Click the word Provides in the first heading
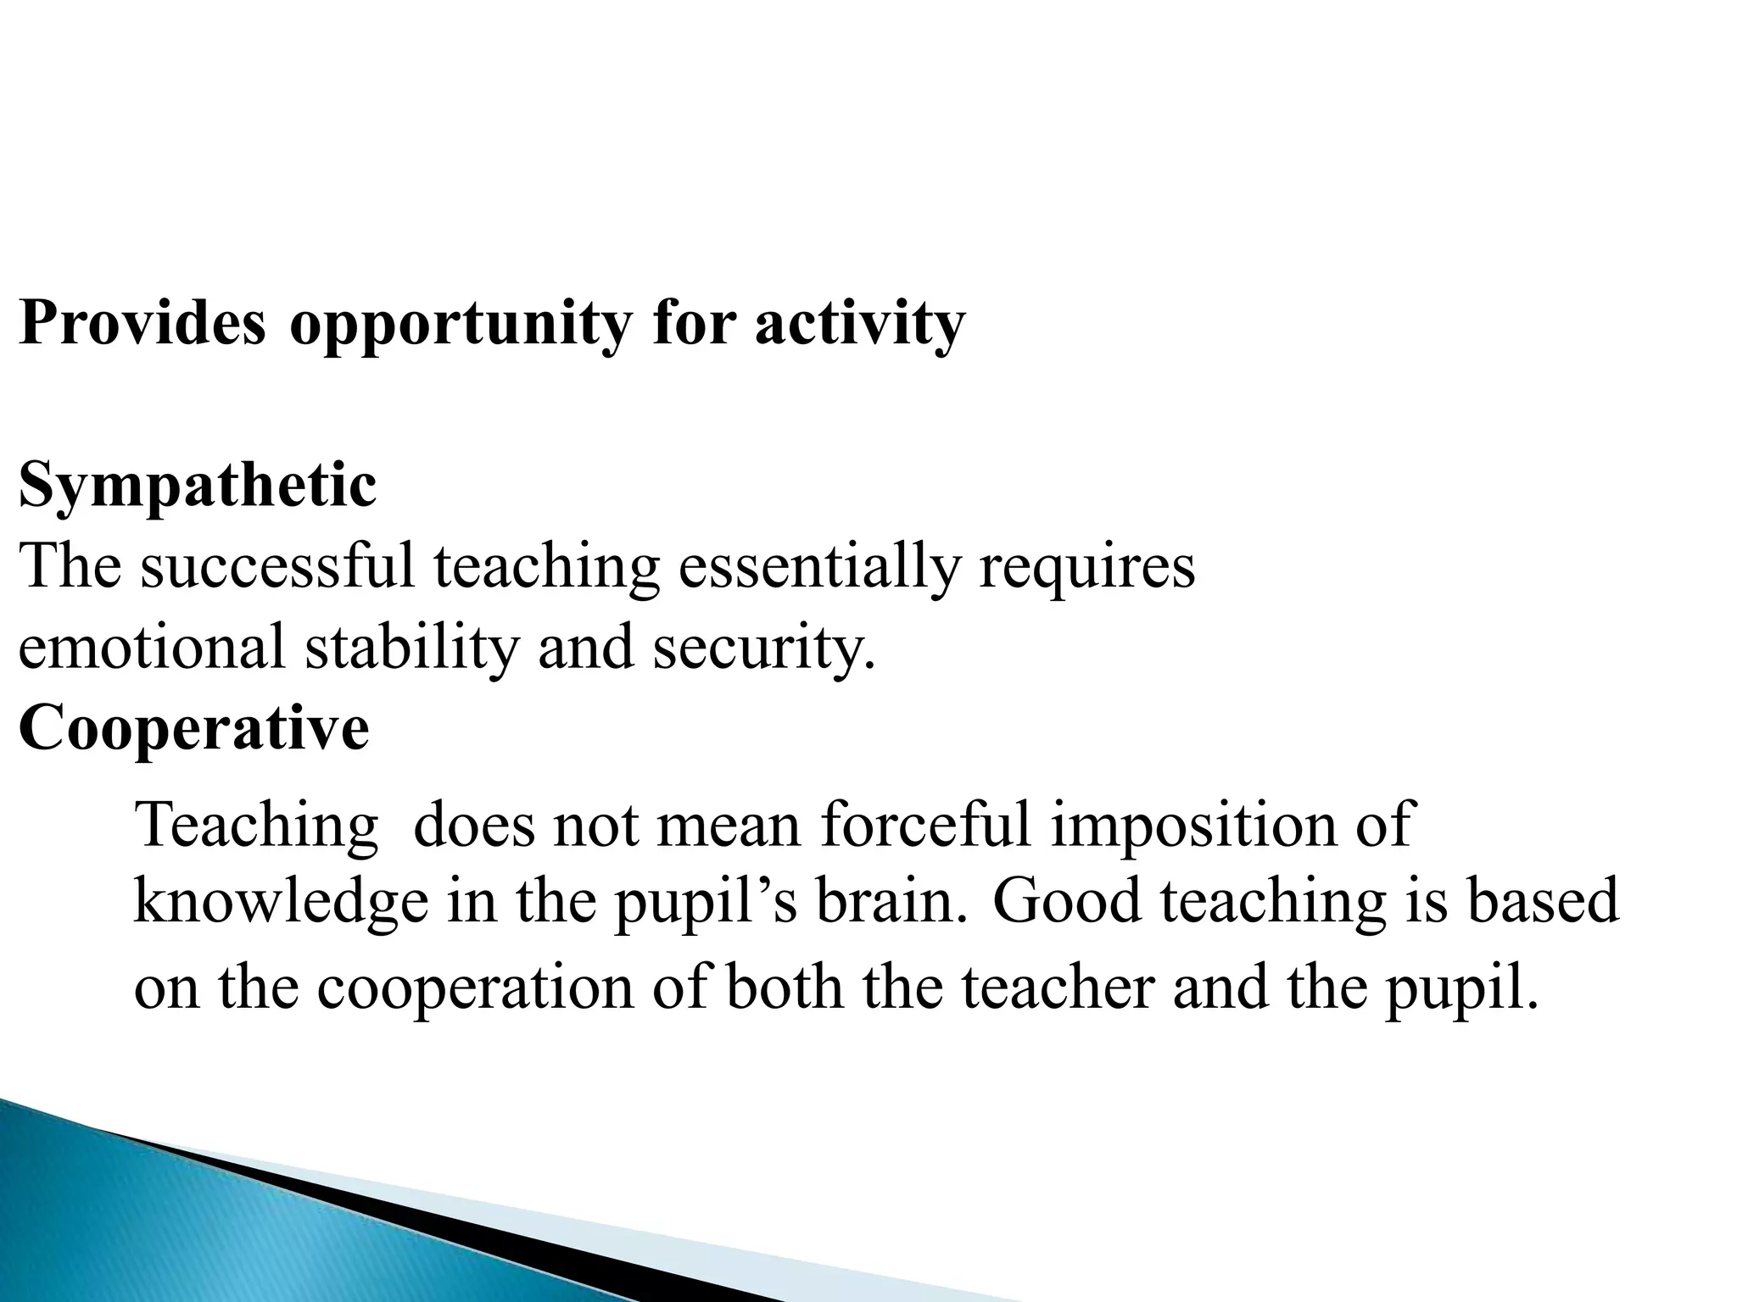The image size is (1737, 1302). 142,323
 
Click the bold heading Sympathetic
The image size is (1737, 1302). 197,487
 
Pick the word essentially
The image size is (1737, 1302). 818,568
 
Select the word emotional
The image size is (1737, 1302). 152,647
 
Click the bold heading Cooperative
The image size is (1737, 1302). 193,728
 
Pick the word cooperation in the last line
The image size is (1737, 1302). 475,989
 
